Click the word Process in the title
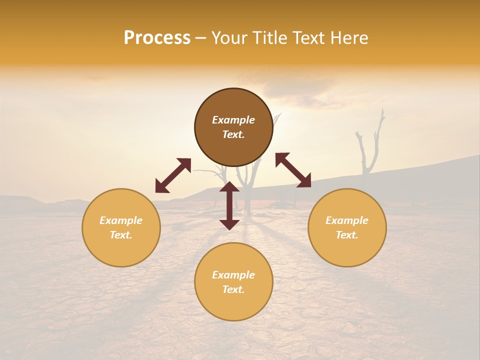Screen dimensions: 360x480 [x=157, y=38]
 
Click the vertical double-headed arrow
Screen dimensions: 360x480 [x=229, y=205]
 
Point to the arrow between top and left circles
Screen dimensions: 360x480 [x=173, y=175]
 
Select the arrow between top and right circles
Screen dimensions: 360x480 [x=293, y=170]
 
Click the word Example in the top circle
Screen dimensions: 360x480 [x=233, y=120]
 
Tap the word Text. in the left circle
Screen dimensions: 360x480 [x=121, y=235]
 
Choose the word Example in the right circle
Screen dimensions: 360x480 [x=347, y=220]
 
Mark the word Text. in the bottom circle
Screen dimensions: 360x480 [x=233, y=289]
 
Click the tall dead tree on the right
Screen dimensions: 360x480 [x=369, y=150]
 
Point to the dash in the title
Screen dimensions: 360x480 [x=201, y=38]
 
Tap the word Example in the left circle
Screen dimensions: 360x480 [x=121, y=220]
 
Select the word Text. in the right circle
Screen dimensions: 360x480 [x=347, y=235]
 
